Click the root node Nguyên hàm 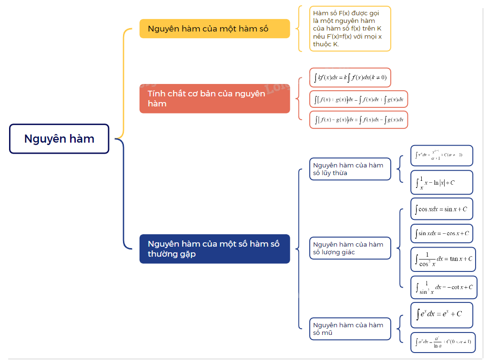(59, 139)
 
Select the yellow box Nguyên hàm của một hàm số (214, 29)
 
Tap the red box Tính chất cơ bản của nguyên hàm (214, 99)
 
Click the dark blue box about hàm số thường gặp (214, 249)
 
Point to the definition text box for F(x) (350, 29)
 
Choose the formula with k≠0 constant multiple (350, 77)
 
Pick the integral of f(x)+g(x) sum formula (358, 100)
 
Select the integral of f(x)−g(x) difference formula (358, 120)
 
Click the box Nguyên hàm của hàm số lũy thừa (350, 169)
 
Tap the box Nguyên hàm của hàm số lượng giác (350, 248)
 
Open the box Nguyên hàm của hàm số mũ (350, 329)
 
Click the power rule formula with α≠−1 (442, 156)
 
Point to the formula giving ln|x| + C (442, 182)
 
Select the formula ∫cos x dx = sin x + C (442, 209)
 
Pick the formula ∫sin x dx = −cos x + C (442, 233)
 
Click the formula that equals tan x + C (443, 259)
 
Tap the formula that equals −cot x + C (444, 287)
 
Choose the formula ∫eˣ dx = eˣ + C (442, 314)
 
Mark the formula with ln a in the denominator (443, 342)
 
